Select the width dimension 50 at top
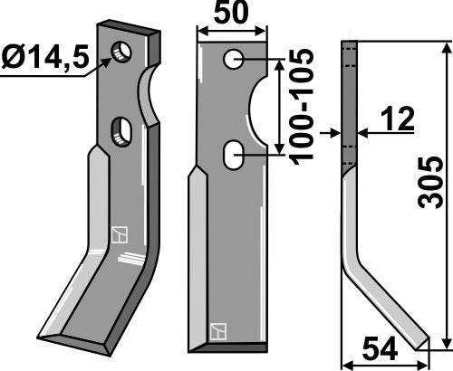point(234,14)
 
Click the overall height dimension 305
point(433,194)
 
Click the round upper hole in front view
point(234,61)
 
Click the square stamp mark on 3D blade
point(117,234)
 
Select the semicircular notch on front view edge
point(260,109)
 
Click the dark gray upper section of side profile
point(347,100)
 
